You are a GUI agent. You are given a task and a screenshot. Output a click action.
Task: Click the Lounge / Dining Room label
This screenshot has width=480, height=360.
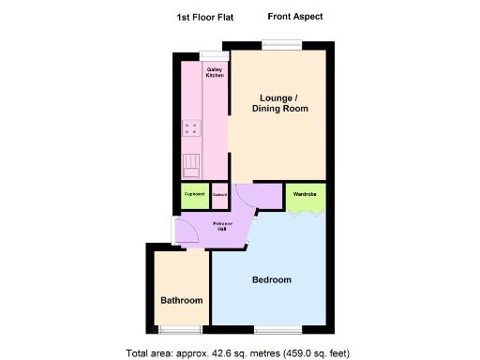click(279, 103)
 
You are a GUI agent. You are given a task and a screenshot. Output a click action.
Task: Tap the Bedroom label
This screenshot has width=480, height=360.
click(271, 280)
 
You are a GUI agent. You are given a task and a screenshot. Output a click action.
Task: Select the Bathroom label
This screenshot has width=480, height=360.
click(181, 300)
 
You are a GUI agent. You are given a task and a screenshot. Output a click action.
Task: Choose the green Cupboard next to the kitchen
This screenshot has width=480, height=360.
click(194, 195)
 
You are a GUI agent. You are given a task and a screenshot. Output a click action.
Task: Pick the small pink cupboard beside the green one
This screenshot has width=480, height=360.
click(219, 195)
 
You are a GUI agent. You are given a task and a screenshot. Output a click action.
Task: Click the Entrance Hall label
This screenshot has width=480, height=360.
click(223, 227)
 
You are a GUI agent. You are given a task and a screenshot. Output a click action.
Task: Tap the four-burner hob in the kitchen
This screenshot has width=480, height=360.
click(191, 129)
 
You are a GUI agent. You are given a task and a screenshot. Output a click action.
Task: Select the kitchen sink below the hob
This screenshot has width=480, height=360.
click(191, 165)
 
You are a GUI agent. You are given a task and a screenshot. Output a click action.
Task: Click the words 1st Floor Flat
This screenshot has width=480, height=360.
click(205, 17)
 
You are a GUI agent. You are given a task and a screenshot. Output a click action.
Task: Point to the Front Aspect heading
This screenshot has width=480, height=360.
click(295, 17)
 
